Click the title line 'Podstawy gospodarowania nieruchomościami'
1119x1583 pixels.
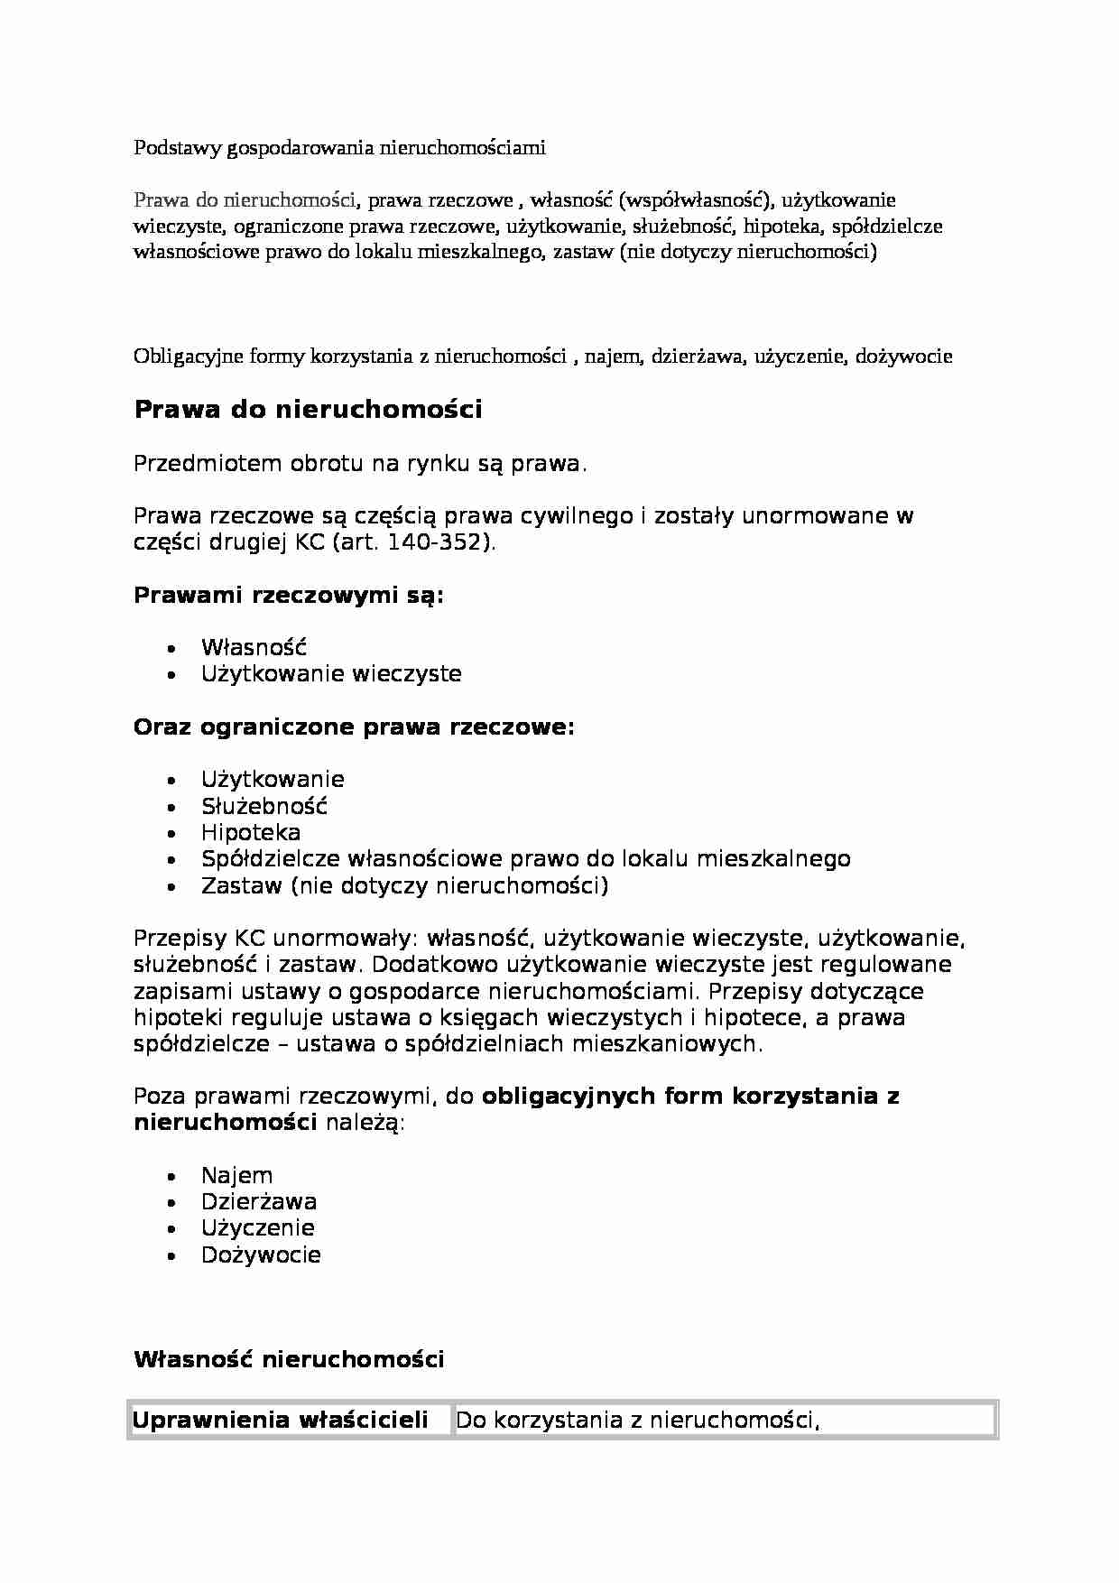(339, 148)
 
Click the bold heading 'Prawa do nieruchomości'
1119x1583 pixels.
(308, 410)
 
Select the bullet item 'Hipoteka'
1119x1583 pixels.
(251, 832)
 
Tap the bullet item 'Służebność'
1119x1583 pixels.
(264, 806)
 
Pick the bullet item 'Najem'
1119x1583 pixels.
(236, 1175)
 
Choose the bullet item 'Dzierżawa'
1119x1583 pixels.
(259, 1201)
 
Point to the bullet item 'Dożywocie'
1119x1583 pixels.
(261, 1254)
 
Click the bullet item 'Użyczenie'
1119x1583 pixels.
(258, 1227)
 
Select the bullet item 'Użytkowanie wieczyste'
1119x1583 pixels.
(331, 673)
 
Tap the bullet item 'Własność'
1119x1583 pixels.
(254, 647)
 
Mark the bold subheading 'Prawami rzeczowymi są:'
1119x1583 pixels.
(289, 596)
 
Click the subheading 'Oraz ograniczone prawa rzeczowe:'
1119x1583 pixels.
(354, 727)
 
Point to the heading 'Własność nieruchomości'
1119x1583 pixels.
(289, 1359)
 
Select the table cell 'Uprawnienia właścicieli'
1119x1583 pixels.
(281, 1420)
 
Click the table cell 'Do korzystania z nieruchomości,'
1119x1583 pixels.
(637, 1420)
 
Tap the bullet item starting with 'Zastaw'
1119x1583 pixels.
(404, 885)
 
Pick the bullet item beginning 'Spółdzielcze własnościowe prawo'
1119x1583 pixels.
(525, 858)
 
